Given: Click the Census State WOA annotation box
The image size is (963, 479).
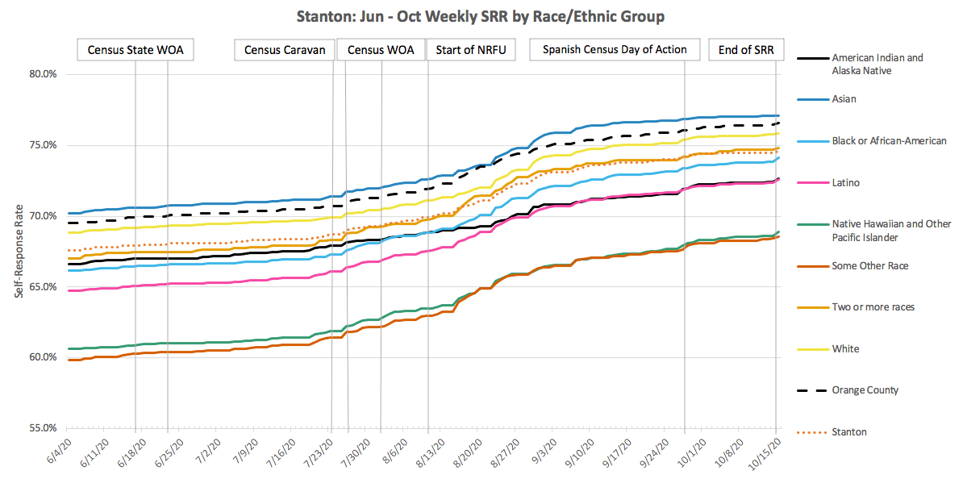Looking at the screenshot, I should tap(135, 50).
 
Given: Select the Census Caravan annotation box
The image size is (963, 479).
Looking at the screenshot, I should tap(284, 50).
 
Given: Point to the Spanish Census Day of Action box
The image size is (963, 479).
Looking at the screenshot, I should tap(615, 50).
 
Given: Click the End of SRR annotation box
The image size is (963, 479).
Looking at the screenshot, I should tap(745, 50).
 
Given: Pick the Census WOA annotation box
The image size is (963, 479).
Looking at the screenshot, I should tap(381, 50).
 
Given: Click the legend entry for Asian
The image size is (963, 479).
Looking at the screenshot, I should tap(844, 99).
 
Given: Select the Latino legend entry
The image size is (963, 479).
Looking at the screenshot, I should tap(846, 183).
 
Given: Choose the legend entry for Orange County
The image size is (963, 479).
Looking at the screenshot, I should tap(865, 390).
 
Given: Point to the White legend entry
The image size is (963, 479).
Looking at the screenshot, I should tap(845, 349).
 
